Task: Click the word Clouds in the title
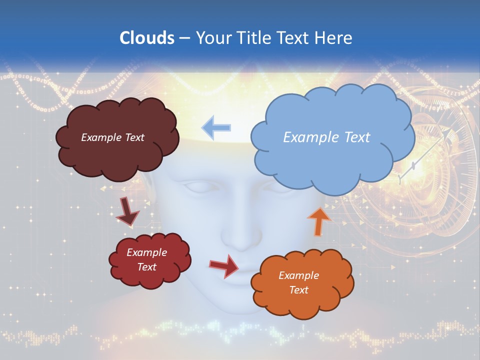(x=146, y=38)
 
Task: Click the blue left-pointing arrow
(x=216, y=127)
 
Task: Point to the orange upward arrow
(x=319, y=220)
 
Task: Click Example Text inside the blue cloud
(x=326, y=137)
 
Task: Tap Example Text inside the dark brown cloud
(x=112, y=137)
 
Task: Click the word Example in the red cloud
(x=146, y=252)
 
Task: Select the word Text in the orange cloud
(x=299, y=290)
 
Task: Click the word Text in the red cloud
(x=147, y=267)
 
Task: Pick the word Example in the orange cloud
(x=298, y=275)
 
